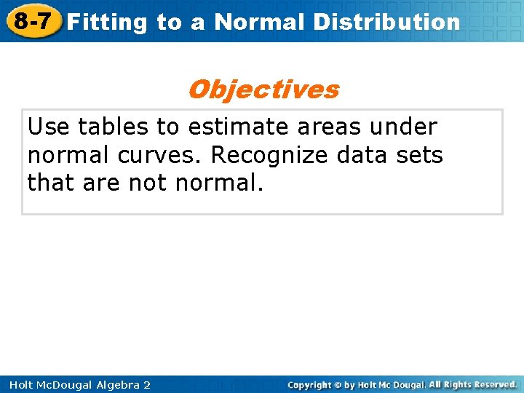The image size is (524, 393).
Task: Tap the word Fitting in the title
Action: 108,23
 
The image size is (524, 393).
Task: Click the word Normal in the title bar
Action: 260,23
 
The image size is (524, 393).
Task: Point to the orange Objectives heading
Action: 263,90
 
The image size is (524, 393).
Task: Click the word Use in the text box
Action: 49,127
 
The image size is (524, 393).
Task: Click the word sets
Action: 423,155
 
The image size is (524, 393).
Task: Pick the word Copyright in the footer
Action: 309,384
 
